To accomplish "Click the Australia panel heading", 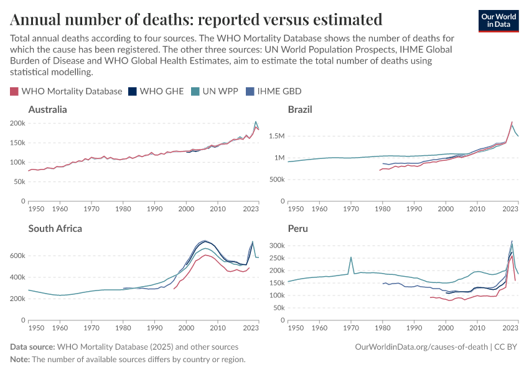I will (47, 110).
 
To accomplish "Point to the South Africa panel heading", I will (55, 229).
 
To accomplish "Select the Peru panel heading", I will (297, 229).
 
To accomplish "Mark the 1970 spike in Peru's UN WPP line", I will (351, 257).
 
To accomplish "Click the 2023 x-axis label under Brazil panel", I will (511, 208).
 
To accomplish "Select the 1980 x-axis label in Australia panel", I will (123, 208).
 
